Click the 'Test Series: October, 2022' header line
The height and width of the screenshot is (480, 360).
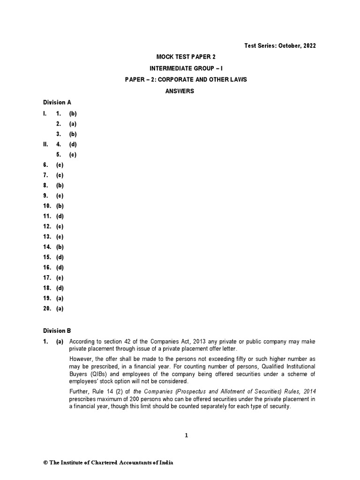[280, 45]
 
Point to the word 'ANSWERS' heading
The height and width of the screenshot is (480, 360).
[180, 91]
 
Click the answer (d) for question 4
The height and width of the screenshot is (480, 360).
[73, 144]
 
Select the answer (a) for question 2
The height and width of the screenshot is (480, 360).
[73, 124]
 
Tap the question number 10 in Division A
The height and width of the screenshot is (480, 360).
[46, 206]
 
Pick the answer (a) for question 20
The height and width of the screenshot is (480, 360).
[60, 308]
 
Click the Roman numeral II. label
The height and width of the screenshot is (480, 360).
[45, 144]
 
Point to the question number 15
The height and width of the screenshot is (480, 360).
[46, 257]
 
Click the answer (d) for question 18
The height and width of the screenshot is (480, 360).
[60, 288]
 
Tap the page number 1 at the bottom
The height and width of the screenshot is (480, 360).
[186, 435]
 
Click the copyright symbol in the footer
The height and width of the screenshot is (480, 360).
[45, 463]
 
